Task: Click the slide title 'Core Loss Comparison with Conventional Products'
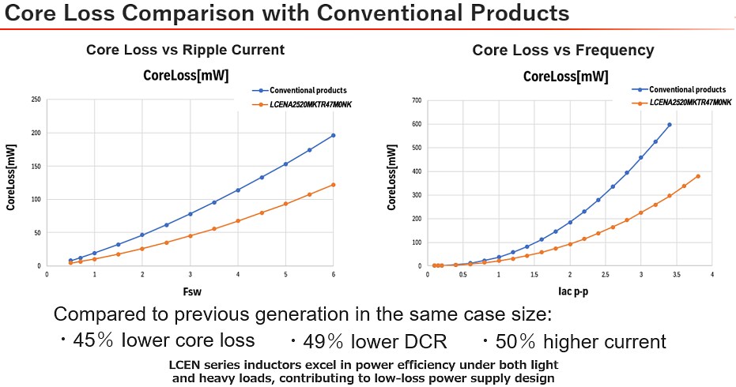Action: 285,13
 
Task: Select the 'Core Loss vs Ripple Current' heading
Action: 185,51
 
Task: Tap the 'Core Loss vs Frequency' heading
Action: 563,51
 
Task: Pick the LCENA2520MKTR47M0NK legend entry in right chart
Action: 685,102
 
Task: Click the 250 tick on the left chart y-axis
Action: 36,100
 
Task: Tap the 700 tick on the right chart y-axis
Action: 415,100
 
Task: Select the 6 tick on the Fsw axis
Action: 333,274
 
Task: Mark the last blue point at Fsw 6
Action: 333,135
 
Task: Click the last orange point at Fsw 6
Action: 333,185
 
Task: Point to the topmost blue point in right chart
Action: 670,124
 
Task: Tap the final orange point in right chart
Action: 698,176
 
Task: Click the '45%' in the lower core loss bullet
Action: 93,341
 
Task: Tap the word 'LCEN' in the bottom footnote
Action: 186,365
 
